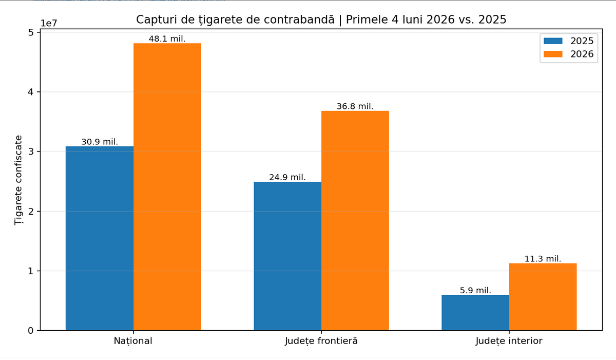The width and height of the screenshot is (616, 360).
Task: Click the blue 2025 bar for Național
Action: [x=100, y=238]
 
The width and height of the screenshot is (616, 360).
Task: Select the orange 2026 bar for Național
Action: [x=167, y=187]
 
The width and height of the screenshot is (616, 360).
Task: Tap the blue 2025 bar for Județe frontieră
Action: [x=287, y=256]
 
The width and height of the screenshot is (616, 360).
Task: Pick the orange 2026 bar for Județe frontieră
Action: [x=355, y=220]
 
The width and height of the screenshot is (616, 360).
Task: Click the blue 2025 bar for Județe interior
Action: [x=475, y=313]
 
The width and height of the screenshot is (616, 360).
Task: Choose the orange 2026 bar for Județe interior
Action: [x=543, y=297]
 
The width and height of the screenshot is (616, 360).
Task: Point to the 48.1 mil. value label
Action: [x=167, y=39]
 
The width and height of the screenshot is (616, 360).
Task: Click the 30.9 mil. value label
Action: [x=100, y=142]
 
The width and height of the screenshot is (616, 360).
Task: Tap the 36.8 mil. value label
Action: [x=355, y=106]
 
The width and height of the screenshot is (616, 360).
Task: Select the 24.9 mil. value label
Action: [x=287, y=177]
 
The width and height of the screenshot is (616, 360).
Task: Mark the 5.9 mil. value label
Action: [x=475, y=291]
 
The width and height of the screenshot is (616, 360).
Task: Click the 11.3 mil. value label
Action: [x=543, y=259]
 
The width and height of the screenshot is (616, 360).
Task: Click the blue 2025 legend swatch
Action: [x=553, y=41]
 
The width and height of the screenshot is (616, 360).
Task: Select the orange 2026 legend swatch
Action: [x=553, y=54]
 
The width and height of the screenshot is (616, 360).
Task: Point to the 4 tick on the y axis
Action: [x=30, y=92]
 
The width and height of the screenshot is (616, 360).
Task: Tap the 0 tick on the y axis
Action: [x=30, y=331]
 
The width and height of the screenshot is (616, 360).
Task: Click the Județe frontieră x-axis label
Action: [x=321, y=341]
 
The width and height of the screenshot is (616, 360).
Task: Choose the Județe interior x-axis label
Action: [x=509, y=341]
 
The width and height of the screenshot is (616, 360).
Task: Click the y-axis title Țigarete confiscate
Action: [x=18, y=180]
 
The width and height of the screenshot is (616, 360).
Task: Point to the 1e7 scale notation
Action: [x=49, y=24]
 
